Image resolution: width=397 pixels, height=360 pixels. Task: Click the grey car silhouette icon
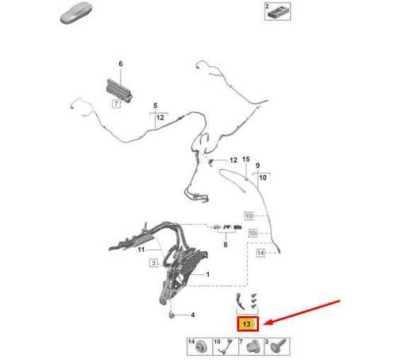coord(76,13)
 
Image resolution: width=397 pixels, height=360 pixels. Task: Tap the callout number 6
coord(121,64)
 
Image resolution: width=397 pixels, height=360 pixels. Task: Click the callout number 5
coord(155,106)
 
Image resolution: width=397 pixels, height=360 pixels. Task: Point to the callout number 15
coord(246,159)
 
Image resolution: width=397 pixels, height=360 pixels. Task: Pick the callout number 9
coord(257,165)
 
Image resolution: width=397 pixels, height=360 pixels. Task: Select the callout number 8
coord(225,245)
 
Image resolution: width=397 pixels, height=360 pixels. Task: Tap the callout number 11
coord(141,250)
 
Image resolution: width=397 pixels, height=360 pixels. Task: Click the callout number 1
coord(208,274)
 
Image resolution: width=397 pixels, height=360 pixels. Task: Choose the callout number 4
coord(193,315)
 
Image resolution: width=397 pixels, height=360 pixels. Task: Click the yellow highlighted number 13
coord(246,323)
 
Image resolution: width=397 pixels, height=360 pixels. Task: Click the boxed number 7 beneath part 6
coord(116,104)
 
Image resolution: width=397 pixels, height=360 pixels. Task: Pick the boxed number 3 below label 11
coord(154,263)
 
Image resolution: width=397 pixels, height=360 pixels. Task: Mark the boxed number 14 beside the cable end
coord(260,253)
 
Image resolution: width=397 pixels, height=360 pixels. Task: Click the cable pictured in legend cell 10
coord(225,346)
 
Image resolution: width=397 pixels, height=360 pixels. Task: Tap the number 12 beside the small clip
coord(233,160)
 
